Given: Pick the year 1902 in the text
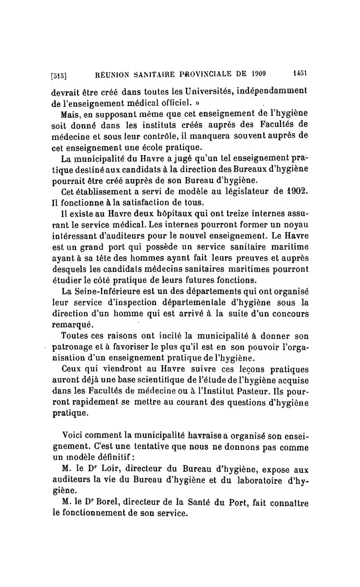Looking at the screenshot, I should (295, 190).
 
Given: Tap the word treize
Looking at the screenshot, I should (229, 212).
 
